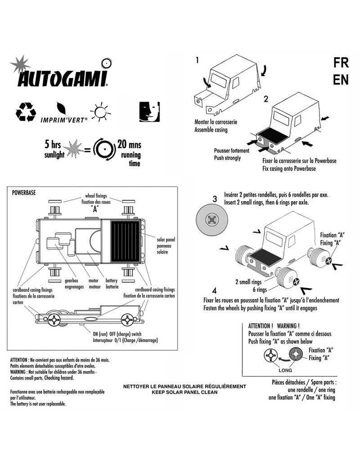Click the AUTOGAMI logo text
[x=62, y=79]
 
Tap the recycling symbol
[x=25, y=112]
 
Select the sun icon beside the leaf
[x=99, y=110]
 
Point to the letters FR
[x=340, y=63]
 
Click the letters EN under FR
[x=340, y=80]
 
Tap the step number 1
[x=197, y=59]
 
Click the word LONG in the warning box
[x=285, y=370]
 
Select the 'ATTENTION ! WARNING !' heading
[x=274, y=326]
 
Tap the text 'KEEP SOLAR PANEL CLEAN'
[x=184, y=393]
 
